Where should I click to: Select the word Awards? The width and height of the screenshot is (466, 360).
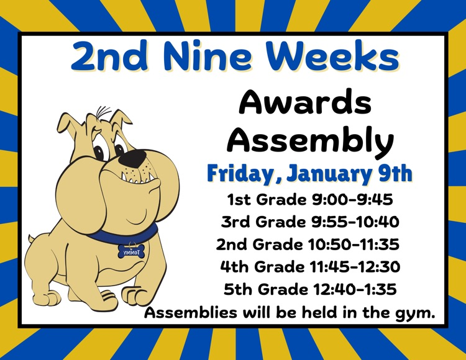pyautogui.click(x=305, y=102)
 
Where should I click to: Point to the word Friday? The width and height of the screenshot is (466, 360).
pyautogui.click(x=240, y=173)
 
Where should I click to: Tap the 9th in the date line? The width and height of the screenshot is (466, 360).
pyautogui.click(x=394, y=173)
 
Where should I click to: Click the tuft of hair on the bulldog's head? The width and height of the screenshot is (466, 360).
pyautogui.click(x=103, y=113)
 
